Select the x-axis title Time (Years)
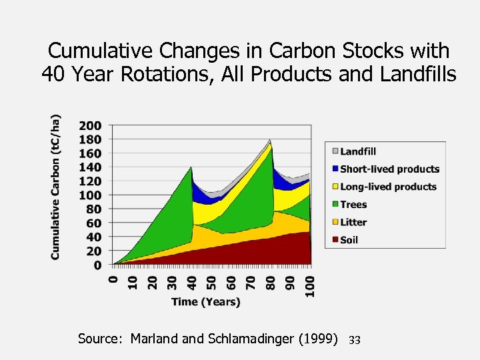[205, 302]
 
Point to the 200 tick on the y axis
[90, 125]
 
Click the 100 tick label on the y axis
[90, 195]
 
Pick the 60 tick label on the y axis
[93, 223]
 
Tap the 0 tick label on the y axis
[97, 265]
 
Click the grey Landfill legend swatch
[335, 151]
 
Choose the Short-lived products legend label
[389, 169]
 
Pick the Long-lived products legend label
[388, 187]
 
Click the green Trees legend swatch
[335, 205]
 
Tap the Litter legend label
[353, 222]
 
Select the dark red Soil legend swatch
[335, 240]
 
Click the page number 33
[354, 341]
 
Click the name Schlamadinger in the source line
[264, 339]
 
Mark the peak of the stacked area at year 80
[270, 140]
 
